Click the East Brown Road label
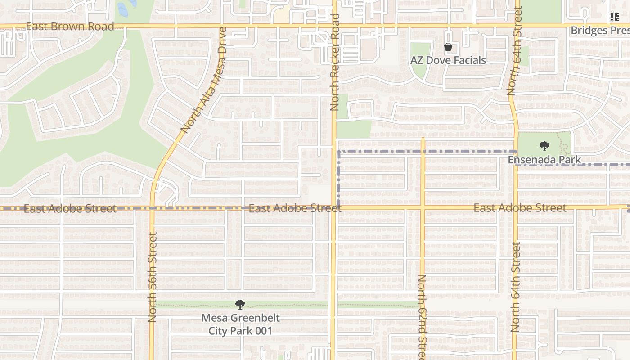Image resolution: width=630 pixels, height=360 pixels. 70,26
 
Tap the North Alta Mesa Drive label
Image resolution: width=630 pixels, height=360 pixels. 204,80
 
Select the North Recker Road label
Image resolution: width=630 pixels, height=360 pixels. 334,62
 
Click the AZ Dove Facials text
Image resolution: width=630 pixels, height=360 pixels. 448,60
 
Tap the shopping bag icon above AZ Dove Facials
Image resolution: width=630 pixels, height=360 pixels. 448,47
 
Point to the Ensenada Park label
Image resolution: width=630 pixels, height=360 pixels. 544,160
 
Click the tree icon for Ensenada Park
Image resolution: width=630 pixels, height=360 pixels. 544,146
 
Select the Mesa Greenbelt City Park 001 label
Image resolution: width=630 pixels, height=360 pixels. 240,324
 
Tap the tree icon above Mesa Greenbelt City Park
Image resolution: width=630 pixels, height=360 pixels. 240,305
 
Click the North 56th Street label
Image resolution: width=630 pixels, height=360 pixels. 152,277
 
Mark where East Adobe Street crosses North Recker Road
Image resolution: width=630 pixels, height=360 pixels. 334,208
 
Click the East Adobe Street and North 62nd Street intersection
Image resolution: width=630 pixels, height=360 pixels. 423,208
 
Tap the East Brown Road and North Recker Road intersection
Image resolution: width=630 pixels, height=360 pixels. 334,26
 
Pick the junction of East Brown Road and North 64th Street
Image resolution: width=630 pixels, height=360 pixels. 517,26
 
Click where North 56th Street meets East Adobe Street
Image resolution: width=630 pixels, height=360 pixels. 152,208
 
